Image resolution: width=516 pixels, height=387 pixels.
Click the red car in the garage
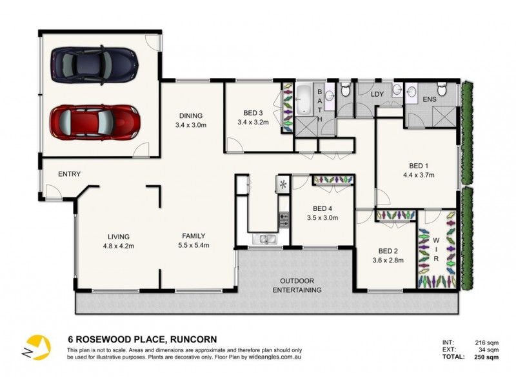[95, 121]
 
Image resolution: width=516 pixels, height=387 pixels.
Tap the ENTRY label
[69, 174]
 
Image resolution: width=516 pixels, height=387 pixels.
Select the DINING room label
[191, 116]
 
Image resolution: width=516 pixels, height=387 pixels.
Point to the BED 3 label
[252, 112]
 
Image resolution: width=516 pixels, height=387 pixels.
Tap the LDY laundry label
[379, 95]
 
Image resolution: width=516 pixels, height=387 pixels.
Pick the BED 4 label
[322, 208]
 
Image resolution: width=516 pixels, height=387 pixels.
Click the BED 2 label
[388, 251]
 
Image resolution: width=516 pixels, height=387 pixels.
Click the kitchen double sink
[266, 240]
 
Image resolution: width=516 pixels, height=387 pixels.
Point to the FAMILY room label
[193, 236]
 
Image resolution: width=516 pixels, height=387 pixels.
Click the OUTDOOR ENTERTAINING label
[297, 286]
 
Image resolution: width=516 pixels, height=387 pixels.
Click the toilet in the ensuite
[442, 90]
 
